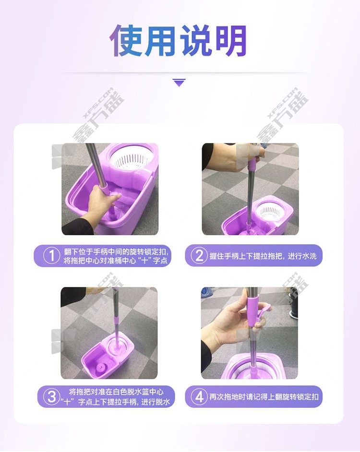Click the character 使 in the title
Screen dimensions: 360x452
click(126, 40)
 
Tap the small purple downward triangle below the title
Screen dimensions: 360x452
click(180, 83)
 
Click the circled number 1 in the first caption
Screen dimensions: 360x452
click(51, 256)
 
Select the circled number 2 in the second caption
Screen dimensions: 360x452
click(199, 256)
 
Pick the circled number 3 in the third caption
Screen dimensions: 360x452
click(51, 397)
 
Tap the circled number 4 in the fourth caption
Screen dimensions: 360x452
click(199, 397)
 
